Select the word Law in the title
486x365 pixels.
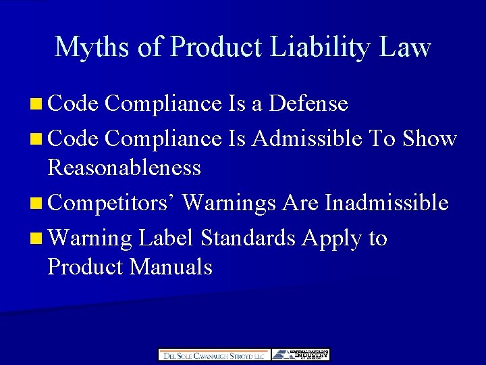[x=404, y=47]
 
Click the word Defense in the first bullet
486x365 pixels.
[x=308, y=103]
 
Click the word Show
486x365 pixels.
[x=430, y=139]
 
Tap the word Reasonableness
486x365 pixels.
[x=124, y=168]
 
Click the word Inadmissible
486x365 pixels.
[x=387, y=202]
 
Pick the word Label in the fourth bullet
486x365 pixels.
[x=167, y=238]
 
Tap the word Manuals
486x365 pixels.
[x=171, y=267]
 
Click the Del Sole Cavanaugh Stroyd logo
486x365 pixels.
[x=214, y=355]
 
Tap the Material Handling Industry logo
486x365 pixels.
[x=300, y=355]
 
